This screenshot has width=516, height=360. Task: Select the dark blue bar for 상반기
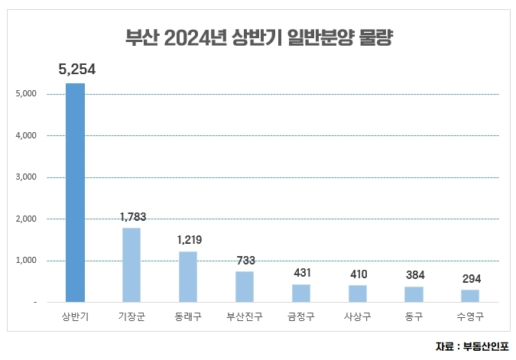[x=75, y=193]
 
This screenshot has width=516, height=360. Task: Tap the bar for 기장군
[x=131, y=264]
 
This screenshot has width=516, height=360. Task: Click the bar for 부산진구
[x=245, y=287]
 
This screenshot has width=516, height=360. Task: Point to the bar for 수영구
[x=470, y=296]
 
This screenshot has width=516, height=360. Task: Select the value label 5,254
[x=76, y=70]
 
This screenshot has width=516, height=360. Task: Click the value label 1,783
[x=132, y=217]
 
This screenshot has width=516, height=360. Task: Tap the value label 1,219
[x=189, y=240]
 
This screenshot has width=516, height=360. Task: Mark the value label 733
[x=245, y=261]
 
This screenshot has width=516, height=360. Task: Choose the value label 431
[x=301, y=273]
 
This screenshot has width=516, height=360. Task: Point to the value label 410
[x=358, y=274]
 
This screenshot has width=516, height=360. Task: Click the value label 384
[x=414, y=275]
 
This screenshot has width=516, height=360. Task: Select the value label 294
[x=470, y=279]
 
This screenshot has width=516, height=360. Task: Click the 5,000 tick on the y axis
[x=26, y=95]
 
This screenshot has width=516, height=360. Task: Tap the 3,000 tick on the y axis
[x=26, y=178]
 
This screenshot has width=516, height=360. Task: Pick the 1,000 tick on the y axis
[x=26, y=261]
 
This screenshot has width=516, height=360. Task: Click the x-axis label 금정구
[x=301, y=316]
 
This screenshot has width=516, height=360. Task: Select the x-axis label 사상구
[x=358, y=316]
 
